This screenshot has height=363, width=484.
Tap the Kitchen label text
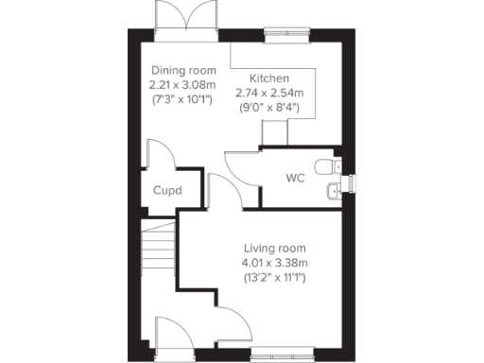coord(269,78)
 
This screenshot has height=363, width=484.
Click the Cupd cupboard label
coord(166,191)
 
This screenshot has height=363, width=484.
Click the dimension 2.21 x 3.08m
coord(183,85)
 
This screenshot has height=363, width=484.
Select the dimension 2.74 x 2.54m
coord(268,93)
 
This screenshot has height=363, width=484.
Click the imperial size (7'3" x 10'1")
coord(183,99)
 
